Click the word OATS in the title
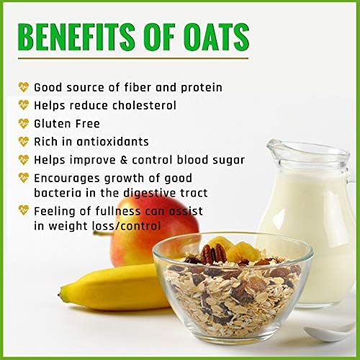(x=217, y=37)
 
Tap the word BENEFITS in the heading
(x=76, y=37)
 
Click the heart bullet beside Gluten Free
(x=24, y=124)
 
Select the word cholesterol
(x=144, y=105)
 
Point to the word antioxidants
(x=112, y=142)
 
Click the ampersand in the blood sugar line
(x=124, y=160)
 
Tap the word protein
(x=202, y=88)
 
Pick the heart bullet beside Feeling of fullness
(x=24, y=210)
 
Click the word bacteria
(x=58, y=193)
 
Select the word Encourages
(x=67, y=179)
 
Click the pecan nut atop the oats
(x=213, y=254)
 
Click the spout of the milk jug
(x=272, y=145)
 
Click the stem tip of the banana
(x=59, y=294)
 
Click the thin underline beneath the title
(x=133, y=58)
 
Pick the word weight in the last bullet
(x=68, y=227)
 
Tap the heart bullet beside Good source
(x=24, y=87)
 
